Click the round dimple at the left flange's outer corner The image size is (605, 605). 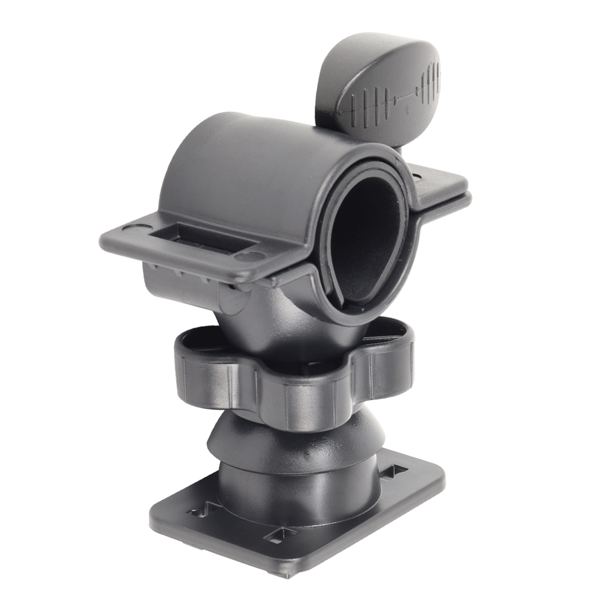pos(130,231)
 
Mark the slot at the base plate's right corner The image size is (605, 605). pos(391,469)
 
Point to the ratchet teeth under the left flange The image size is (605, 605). pos(181,269)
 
